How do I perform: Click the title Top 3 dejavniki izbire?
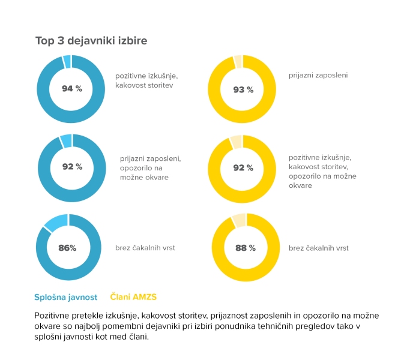(x=91, y=41)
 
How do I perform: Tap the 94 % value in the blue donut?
(x=72, y=89)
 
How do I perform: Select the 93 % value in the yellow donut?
(x=243, y=89)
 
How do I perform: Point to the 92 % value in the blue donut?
(x=72, y=167)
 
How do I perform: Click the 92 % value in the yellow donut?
(x=243, y=168)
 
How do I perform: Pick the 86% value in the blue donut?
(x=67, y=248)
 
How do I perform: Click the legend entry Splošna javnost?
(x=66, y=296)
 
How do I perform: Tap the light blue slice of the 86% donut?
(x=55, y=222)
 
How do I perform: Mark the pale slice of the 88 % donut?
(x=238, y=219)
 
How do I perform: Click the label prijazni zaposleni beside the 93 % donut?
(x=318, y=76)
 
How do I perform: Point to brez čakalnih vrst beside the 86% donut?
(x=145, y=248)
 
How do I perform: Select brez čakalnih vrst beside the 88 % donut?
(x=318, y=248)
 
